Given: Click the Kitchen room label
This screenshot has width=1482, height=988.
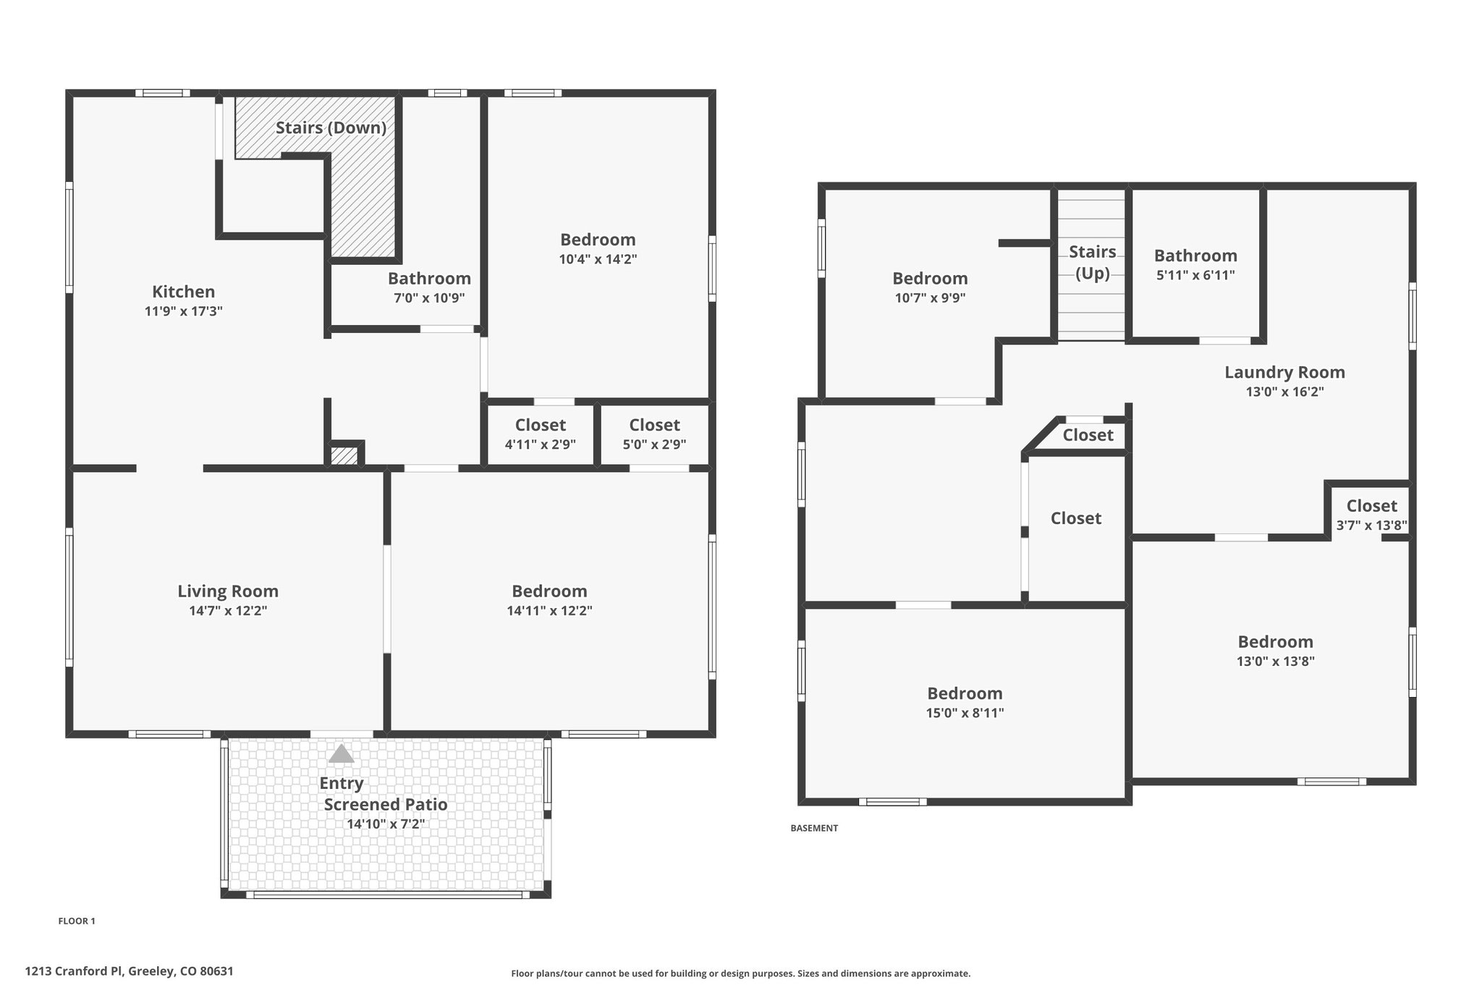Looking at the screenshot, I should [183, 292].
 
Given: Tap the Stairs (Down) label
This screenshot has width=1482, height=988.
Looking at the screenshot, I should [331, 128].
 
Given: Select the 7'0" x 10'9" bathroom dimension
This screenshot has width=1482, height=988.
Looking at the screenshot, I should [429, 297].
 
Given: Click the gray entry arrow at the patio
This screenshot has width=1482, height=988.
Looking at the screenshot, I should [341, 754].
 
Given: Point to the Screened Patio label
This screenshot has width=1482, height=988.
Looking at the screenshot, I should [385, 804].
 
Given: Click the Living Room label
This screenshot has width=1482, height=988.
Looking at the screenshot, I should [228, 591].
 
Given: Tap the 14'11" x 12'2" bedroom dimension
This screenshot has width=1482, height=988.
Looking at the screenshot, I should [549, 611].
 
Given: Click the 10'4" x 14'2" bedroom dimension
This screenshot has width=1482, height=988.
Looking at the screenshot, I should [598, 259].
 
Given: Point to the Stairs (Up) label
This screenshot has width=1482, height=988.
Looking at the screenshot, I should [1092, 263].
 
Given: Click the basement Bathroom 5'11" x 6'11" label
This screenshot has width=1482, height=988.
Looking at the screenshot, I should [1195, 264].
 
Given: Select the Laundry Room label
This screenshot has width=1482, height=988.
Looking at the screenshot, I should [1284, 373].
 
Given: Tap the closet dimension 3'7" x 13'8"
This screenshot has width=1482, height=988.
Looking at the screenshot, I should [1371, 525].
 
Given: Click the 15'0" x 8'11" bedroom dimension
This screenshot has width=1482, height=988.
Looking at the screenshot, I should [965, 713].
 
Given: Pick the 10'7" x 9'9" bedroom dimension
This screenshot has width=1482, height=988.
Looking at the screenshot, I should [930, 297].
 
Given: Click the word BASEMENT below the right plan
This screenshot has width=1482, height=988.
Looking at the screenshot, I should [814, 828].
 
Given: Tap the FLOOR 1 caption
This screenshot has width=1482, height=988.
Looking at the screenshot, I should [77, 921].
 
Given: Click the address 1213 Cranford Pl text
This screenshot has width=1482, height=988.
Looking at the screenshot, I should [129, 971].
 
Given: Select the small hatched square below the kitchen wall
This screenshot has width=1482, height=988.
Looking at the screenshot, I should [344, 457].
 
